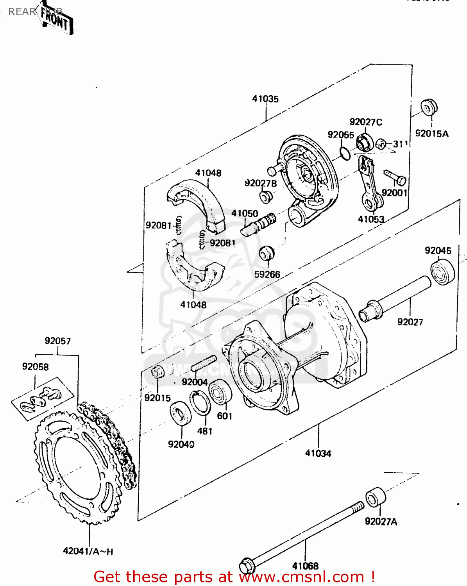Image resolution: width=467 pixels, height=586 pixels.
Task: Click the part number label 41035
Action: coord(265,99)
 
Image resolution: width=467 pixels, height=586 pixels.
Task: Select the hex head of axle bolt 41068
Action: coord(247,565)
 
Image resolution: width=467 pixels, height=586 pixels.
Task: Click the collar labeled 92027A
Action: coord(376,497)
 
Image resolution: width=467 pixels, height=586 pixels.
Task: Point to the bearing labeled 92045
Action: coord(443,273)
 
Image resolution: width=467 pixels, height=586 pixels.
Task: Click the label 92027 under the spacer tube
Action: coord(410,322)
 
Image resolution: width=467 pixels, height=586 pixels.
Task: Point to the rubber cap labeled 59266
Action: coord(267,254)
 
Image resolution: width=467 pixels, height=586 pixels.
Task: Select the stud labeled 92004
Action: coord(204,364)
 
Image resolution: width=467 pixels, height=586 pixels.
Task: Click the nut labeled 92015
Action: coord(157,372)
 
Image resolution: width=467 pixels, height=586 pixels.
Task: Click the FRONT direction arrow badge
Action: coord(57,20)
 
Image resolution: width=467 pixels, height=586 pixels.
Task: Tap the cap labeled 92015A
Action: coord(429,107)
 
